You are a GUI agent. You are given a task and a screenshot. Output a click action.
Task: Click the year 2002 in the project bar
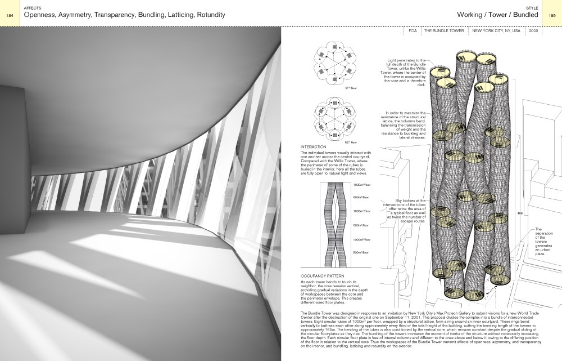pyautogui.click(x=533, y=33)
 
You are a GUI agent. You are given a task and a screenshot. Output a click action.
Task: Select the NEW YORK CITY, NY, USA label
pyautogui.click(x=496, y=33)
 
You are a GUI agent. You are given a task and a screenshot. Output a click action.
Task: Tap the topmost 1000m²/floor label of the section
pyautogui.click(x=361, y=185)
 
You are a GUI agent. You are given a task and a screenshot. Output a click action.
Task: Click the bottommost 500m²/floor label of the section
pyautogui.click(x=361, y=252)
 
